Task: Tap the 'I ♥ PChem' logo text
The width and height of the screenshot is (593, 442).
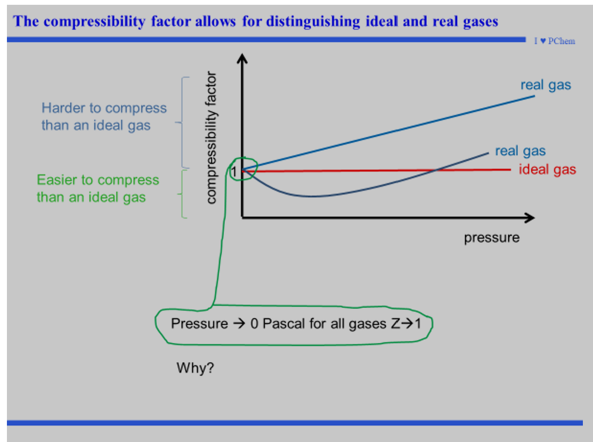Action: [x=554, y=42]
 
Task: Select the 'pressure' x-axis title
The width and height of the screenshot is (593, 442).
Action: [x=491, y=238]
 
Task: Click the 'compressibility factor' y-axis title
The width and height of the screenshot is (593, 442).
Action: [x=211, y=137]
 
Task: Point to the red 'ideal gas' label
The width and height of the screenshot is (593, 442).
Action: [x=547, y=170]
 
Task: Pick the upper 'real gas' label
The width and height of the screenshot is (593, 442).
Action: [x=546, y=85]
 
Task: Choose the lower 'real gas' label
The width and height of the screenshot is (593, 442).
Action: [x=520, y=151]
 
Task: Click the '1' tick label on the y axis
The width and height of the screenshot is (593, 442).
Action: [x=233, y=171]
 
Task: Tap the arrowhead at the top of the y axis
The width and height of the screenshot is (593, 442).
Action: [x=242, y=59]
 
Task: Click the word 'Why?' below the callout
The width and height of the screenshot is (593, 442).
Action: [x=196, y=367]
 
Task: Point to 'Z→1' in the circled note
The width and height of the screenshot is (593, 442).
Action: [x=405, y=324]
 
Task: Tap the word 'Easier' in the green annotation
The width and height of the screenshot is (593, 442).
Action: [x=59, y=180]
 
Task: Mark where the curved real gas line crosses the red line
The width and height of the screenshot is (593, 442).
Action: [x=436, y=170]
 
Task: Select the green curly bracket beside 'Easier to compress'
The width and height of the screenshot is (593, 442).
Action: [x=183, y=194]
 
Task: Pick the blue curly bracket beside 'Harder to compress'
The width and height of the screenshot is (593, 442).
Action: [x=183, y=122]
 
